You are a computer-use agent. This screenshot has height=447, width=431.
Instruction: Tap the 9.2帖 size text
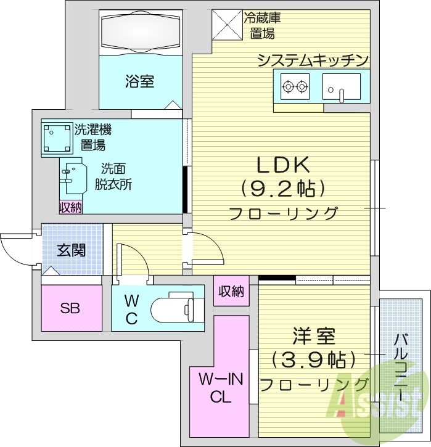pyautogui.click(x=283, y=187)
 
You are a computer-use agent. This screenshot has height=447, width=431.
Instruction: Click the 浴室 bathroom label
pyautogui.click(x=140, y=81)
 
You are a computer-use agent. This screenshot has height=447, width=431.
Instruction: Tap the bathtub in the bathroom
pyautogui.click(x=141, y=30)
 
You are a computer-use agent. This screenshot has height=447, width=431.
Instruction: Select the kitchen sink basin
pyautogui.click(x=341, y=88)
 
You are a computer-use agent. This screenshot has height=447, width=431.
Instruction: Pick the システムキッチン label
pyautogui.click(x=313, y=60)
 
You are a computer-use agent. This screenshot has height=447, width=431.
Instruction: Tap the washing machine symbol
pyautogui.click(x=56, y=137)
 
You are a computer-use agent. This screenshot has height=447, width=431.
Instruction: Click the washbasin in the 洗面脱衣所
pyautogui.click(x=72, y=174)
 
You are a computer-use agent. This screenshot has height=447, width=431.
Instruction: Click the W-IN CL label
pyautogui.click(x=220, y=387)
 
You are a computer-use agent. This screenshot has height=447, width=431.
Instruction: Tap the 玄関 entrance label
pyautogui.click(x=71, y=250)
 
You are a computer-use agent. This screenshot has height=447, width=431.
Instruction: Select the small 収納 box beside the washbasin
pyautogui.click(x=70, y=208)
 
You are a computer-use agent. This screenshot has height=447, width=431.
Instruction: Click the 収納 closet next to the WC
pyautogui.click(x=231, y=290)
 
